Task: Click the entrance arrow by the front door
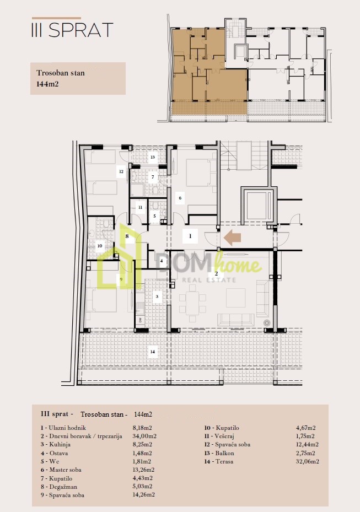click(x=232, y=238)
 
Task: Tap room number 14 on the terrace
click(x=153, y=352)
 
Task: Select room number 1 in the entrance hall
click(x=190, y=236)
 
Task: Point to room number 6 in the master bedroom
click(x=180, y=197)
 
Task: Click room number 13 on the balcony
click(x=152, y=157)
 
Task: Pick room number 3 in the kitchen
click(x=157, y=297)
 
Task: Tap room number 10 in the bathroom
click(x=100, y=246)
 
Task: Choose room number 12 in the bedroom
click(x=121, y=171)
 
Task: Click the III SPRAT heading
click(x=72, y=30)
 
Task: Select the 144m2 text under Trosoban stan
click(x=47, y=84)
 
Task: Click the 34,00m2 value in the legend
click(x=144, y=436)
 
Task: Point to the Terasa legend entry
click(x=218, y=461)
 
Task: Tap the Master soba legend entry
click(x=61, y=470)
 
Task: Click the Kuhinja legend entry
click(x=56, y=444)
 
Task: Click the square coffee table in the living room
click(x=235, y=298)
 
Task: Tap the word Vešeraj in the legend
click(x=224, y=436)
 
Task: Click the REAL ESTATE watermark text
click(x=209, y=280)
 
